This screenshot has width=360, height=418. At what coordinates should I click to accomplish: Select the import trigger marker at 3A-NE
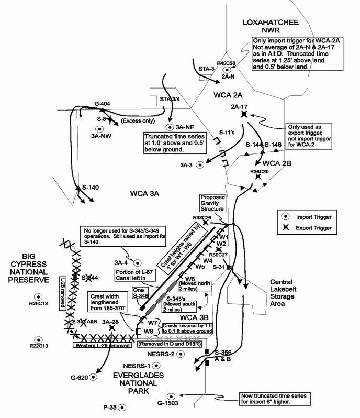pyautogui.click(x=170, y=127)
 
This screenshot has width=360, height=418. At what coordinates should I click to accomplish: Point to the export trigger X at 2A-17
pyautogui.click(x=244, y=114)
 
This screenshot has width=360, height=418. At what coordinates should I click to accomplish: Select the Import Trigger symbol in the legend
pyautogui.click(x=285, y=216)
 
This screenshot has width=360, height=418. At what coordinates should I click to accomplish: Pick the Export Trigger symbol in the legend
pyautogui.click(x=285, y=228)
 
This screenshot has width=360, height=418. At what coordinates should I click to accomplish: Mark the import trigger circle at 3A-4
pyautogui.click(x=138, y=262)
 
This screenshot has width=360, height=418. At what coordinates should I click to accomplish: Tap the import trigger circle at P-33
pyautogui.click(x=121, y=406)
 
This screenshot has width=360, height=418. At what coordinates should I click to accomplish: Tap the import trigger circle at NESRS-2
pyautogui.click(x=181, y=354)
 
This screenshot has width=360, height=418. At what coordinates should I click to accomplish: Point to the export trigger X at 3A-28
pyautogui.click(x=111, y=328)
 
